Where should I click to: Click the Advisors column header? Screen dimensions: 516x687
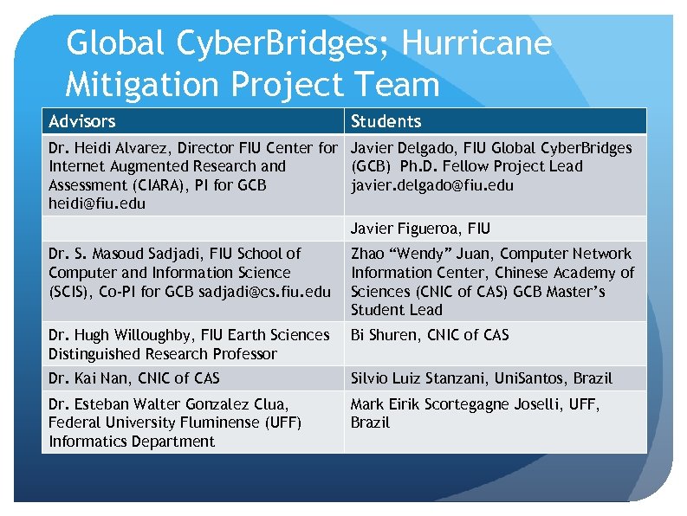82,121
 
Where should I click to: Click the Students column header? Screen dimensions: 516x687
386,121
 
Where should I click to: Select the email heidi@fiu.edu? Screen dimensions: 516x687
98,204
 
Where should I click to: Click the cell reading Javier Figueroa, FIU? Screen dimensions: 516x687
420,229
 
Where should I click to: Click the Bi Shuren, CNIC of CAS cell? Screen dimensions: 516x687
430,335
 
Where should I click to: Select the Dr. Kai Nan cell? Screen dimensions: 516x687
134,378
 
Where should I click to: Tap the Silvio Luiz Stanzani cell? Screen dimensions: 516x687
481,378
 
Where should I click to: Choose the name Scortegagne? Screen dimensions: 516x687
480,403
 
